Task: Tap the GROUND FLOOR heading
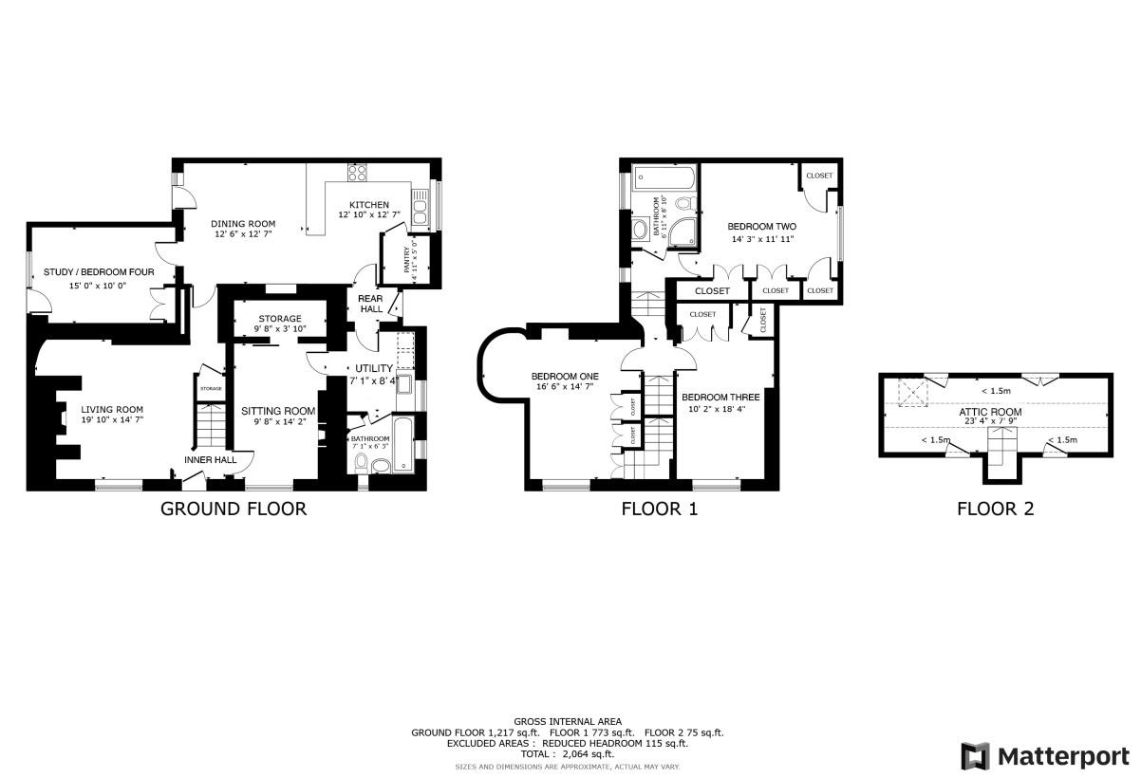(234, 509)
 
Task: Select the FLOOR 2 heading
(995, 509)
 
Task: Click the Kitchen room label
(368, 205)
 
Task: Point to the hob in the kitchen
(359, 173)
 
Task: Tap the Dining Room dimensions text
(243, 233)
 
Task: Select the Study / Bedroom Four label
(99, 272)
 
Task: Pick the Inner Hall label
(211, 460)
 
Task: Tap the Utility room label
(374, 368)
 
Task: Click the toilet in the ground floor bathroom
(361, 462)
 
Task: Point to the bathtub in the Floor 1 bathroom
(664, 176)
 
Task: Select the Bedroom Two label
(761, 227)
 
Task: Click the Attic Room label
(995, 412)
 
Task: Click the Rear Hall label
(369, 303)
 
